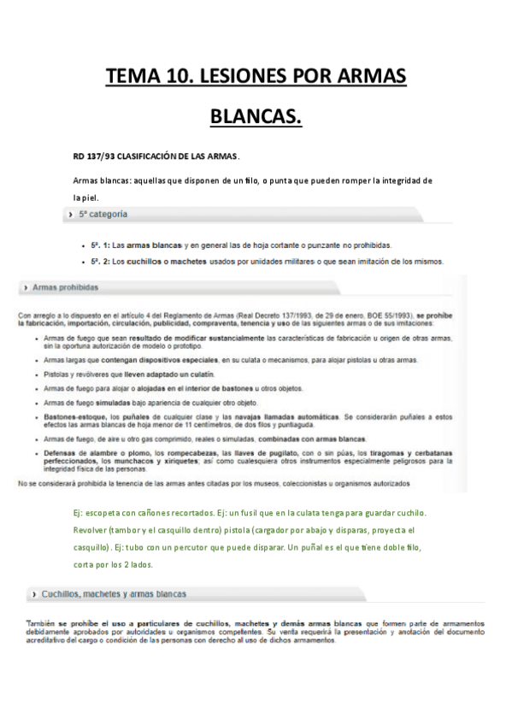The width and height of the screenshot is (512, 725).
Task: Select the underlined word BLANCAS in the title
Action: tap(256, 114)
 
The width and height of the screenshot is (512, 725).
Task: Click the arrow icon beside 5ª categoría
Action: tap(69, 214)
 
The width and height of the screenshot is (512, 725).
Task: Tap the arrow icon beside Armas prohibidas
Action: tap(25, 288)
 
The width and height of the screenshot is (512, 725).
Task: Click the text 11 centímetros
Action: tap(198, 424)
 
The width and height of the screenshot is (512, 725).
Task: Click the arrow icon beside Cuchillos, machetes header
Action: tap(32, 592)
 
